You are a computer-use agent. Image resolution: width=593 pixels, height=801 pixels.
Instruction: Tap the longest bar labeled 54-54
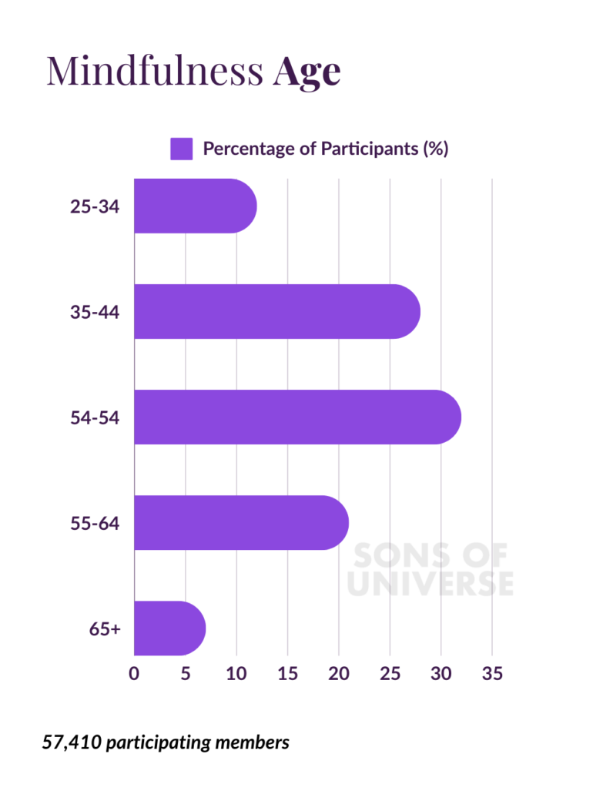coord(297,417)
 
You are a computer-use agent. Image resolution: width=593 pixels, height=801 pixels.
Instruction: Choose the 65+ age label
coord(105,628)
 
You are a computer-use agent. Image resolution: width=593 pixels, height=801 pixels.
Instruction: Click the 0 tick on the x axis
coord(134,673)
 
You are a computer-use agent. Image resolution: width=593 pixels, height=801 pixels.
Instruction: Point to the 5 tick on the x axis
coord(186,673)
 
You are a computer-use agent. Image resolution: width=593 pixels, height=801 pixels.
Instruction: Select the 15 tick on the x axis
coord(287,673)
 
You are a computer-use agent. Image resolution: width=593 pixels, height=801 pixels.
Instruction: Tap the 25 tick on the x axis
coord(390,673)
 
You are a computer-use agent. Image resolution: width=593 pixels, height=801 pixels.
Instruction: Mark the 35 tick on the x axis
coord(492,673)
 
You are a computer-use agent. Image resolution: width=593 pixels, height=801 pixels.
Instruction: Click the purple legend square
coord(181,149)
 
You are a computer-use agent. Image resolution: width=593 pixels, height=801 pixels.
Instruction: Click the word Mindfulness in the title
coord(154,71)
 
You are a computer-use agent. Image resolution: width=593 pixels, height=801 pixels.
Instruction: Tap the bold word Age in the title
coord(307,72)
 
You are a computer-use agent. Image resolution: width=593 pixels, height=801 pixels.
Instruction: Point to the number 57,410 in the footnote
coord(71,742)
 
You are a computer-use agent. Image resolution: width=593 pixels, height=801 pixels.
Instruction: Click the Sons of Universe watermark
coord(430,570)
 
